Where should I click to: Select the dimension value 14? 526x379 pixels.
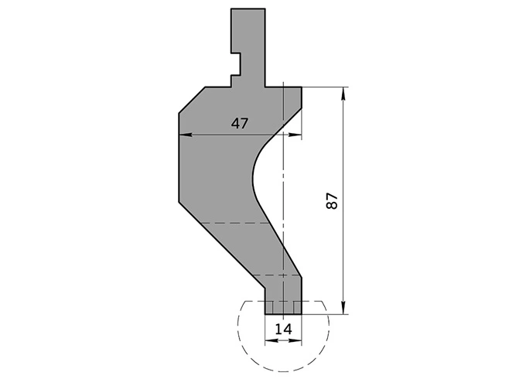pos(283,329)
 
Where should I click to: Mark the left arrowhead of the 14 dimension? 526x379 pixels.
pos(269,340)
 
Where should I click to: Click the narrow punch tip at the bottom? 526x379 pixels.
pos(283,306)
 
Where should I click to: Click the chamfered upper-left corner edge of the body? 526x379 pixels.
pos(191,101)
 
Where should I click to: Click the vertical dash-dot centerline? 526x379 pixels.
pos(284,201)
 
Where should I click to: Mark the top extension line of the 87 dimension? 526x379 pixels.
pos(325,87)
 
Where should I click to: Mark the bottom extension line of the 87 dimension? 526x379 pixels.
pos(325,314)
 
